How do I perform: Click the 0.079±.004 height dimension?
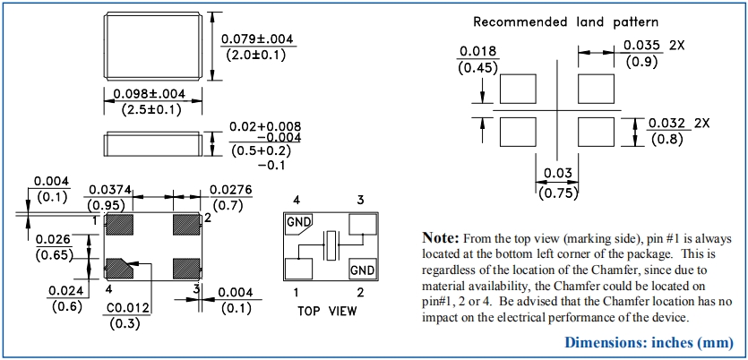pos(258,39)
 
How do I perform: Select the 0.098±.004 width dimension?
pos(143,94)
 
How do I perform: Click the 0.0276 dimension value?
pos(230,189)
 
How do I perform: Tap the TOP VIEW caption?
pos(326,311)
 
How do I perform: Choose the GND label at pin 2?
pos(363,270)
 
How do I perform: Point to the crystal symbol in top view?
pos(331,244)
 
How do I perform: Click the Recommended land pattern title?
pos(565,21)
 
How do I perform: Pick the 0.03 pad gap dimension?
pos(555,173)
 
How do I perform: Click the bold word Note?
pos(441,238)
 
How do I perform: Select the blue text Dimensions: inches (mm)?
pos(649,342)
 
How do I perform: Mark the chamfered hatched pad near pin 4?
pos(118,267)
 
